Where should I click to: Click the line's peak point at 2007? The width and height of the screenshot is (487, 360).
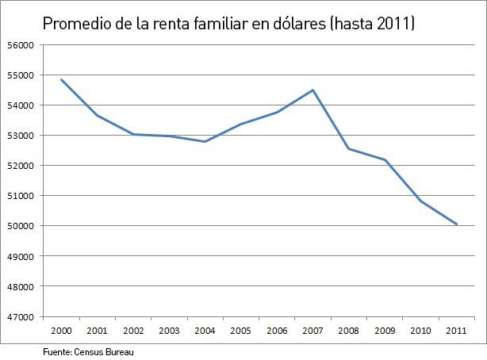[313, 90]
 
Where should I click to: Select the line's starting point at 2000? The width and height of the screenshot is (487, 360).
[61, 79]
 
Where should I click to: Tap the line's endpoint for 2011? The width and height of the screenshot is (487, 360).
[456, 224]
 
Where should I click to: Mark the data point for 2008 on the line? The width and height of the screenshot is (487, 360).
[348, 148]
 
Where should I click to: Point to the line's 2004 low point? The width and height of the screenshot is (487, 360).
[205, 141]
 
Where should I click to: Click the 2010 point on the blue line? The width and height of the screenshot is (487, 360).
[420, 201]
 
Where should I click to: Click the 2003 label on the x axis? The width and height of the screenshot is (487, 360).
[169, 330]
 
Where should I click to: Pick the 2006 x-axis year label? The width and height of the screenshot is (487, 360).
[277, 330]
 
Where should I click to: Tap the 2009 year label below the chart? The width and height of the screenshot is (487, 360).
[385, 330]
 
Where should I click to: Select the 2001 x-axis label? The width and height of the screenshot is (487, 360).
[98, 330]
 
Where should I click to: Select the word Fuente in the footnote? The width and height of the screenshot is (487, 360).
[57, 349]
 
